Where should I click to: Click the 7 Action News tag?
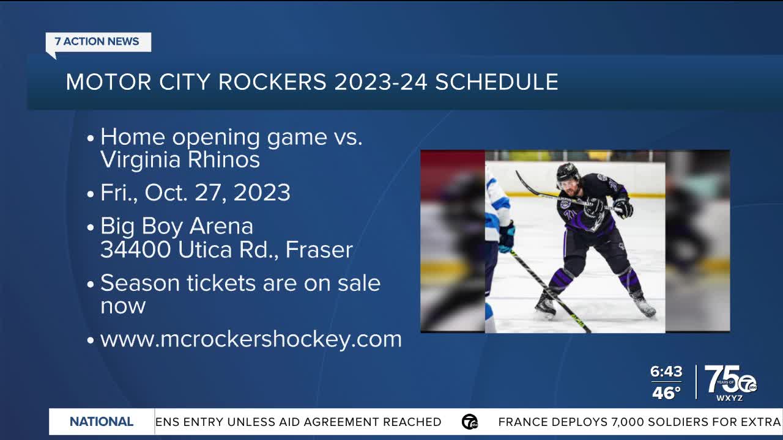[97, 42]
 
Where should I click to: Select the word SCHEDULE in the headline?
[496, 82]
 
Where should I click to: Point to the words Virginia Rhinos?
[180, 160]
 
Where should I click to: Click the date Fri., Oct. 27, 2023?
[195, 193]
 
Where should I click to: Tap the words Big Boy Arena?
[176, 227]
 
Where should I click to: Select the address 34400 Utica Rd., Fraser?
[226, 249]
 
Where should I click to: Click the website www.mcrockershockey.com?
[251, 339]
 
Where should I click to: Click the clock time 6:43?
[666, 372]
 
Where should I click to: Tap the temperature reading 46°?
[666, 393]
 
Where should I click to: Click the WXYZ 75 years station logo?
[730, 383]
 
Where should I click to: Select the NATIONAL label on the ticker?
[102, 422]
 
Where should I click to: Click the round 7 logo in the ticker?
[470, 422]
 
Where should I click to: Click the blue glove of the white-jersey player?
[507, 237]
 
